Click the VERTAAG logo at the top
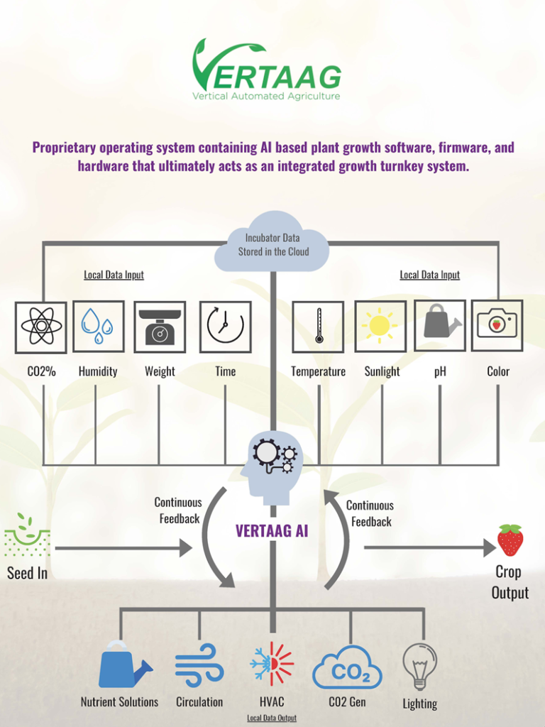tap(266, 70)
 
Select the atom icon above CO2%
tap(41, 327)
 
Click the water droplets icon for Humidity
tap(98, 326)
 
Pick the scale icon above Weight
tap(160, 327)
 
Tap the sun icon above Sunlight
tap(380, 326)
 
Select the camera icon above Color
tap(497, 325)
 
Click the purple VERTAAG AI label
tap(272, 531)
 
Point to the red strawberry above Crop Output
tap(510, 540)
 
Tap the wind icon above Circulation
tap(199, 665)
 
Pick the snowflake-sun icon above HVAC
tap(272, 665)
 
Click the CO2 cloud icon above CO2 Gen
tap(348, 668)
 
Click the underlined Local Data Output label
tap(272, 718)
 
